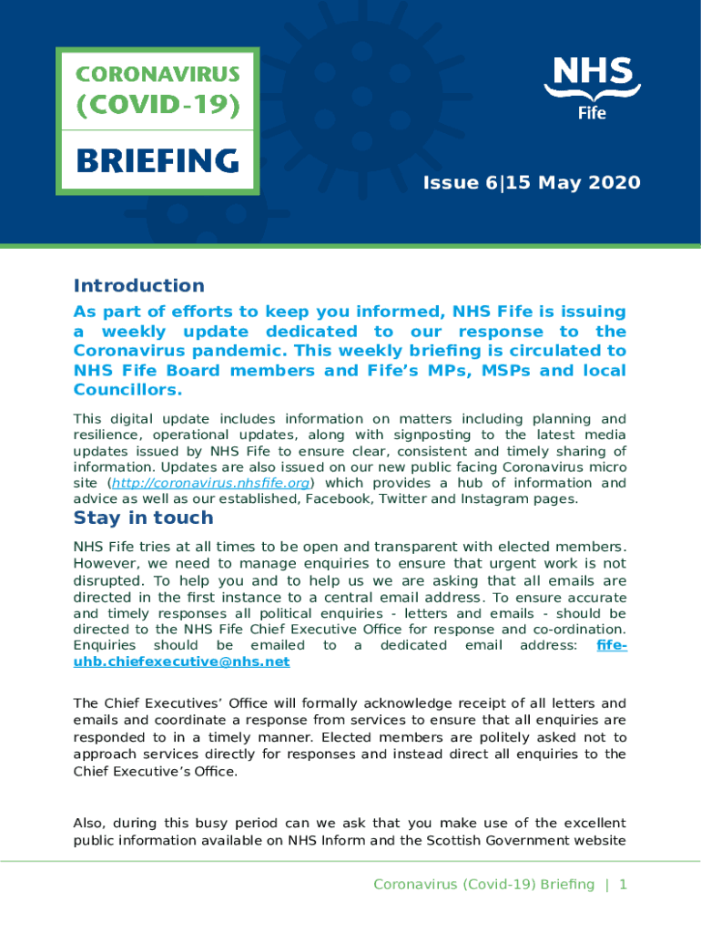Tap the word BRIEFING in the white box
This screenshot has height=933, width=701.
(x=157, y=162)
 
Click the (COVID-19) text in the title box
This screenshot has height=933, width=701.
(x=157, y=107)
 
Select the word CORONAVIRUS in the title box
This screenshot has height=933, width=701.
(x=157, y=73)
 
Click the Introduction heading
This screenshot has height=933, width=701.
(x=138, y=286)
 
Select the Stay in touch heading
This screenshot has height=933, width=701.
(x=143, y=518)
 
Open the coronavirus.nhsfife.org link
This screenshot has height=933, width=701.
(x=212, y=483)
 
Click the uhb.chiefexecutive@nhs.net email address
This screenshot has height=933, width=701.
(x=181, y=661)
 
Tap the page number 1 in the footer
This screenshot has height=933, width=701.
(x=624, y=885)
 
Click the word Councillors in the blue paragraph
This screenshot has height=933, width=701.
(x=127, y=390)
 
